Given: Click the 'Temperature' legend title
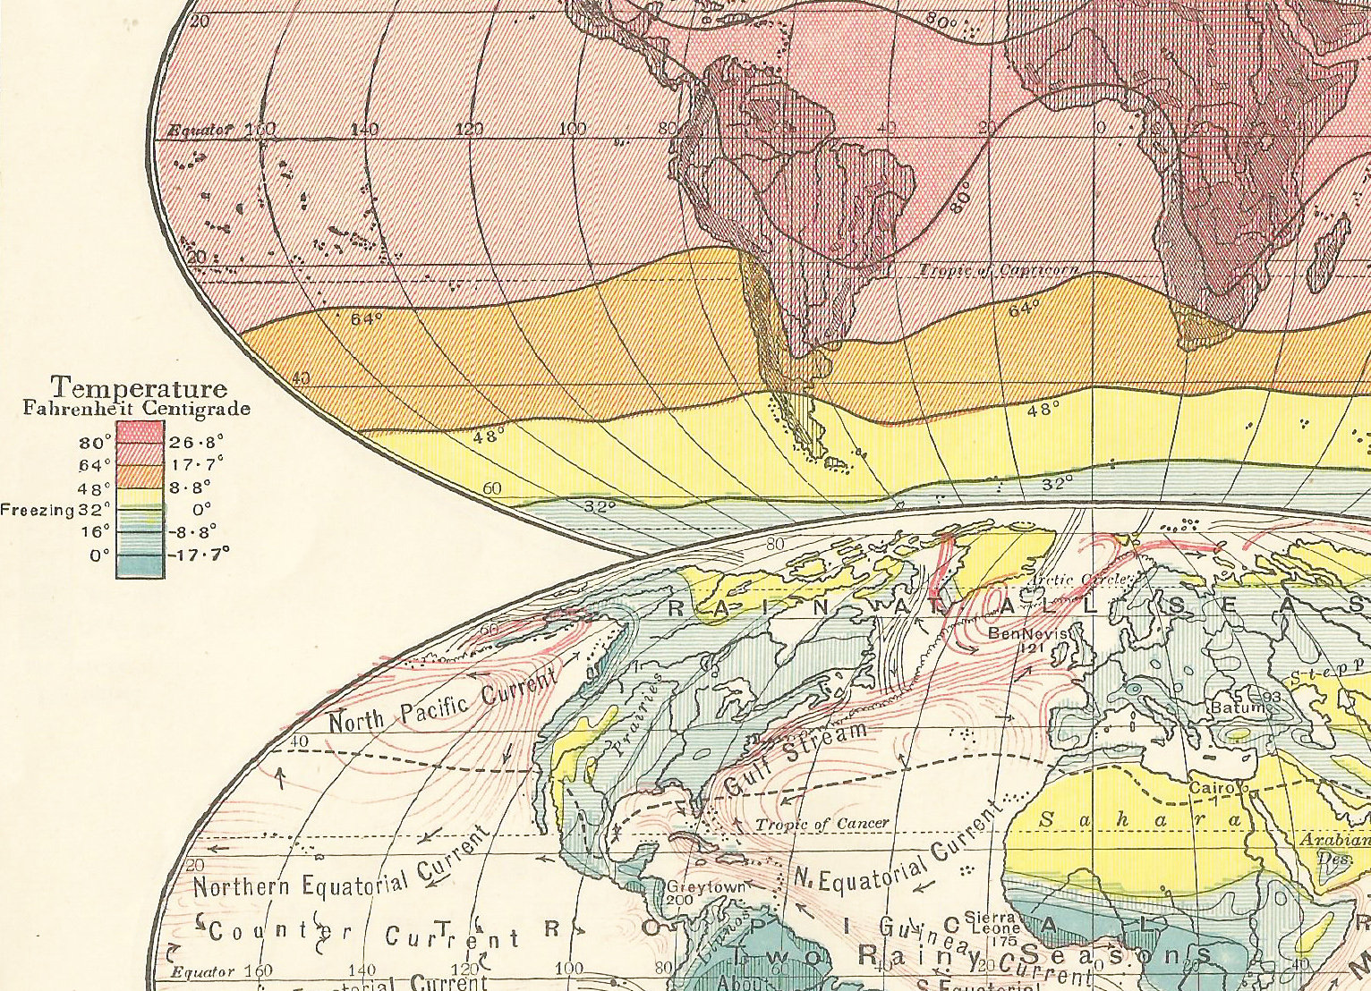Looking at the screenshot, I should (x=139, y=387).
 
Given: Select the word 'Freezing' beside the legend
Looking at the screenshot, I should (x=37, y=510).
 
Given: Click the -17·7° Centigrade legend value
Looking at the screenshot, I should (x=199, y=555).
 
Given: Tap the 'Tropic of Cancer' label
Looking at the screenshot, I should (x=822, y=824).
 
